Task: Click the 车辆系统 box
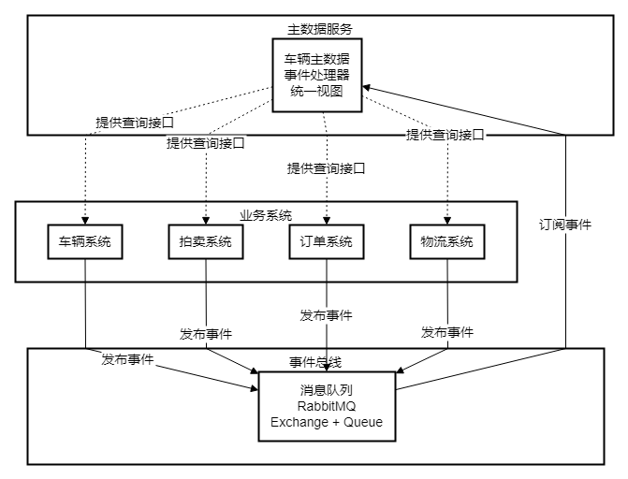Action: pyautogui.click(x=85, y=242)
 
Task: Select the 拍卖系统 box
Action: pyautogui.click(x=205, y=242)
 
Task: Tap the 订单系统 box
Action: pyautogui.click(x=326, y=242)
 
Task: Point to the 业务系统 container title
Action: pyautogui.click(x=266, y=215)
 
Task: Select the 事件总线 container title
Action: pyautogui.click(x=315, y=362)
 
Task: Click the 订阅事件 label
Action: pyautogui.click(x=564, y=225)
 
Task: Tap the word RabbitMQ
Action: pyautogui.click(x=326, y=405)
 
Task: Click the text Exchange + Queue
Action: pyautogui.click(x=326, y=422)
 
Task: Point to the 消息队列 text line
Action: pyautogui.click(x=326, y=388)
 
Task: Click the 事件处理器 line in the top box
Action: pyautogui.click(x=318, y=76)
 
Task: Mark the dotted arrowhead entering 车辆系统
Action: pyautogui.click(x=85, y=220)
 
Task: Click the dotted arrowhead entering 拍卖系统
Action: pyautogui.click(x=205, y=220)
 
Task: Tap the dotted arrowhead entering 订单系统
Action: pyautogui.click(x=326, y=220)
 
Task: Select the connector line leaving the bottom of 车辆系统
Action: pyautogui.click(x=85, y=270)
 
